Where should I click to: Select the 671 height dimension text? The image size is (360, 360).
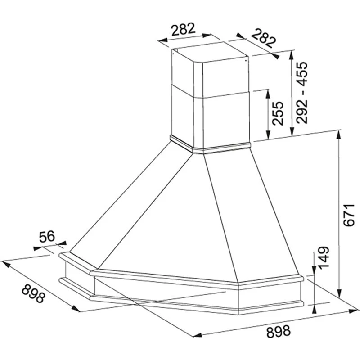coord(350,215)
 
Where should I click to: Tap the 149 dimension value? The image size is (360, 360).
coord(324,257)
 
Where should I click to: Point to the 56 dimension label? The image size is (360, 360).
coord(47,237)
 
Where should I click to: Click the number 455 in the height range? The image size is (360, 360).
coord(301,73)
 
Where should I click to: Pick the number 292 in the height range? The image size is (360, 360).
coord(301,112)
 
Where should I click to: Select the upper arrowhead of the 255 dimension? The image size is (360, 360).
coord(268,94)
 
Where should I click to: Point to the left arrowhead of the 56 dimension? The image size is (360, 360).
coord(38,248)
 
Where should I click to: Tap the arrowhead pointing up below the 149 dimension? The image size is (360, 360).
coord(315,309)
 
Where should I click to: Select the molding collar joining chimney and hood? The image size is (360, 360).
coord(210,144)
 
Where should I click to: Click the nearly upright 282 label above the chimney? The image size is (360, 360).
coord(184,29)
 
